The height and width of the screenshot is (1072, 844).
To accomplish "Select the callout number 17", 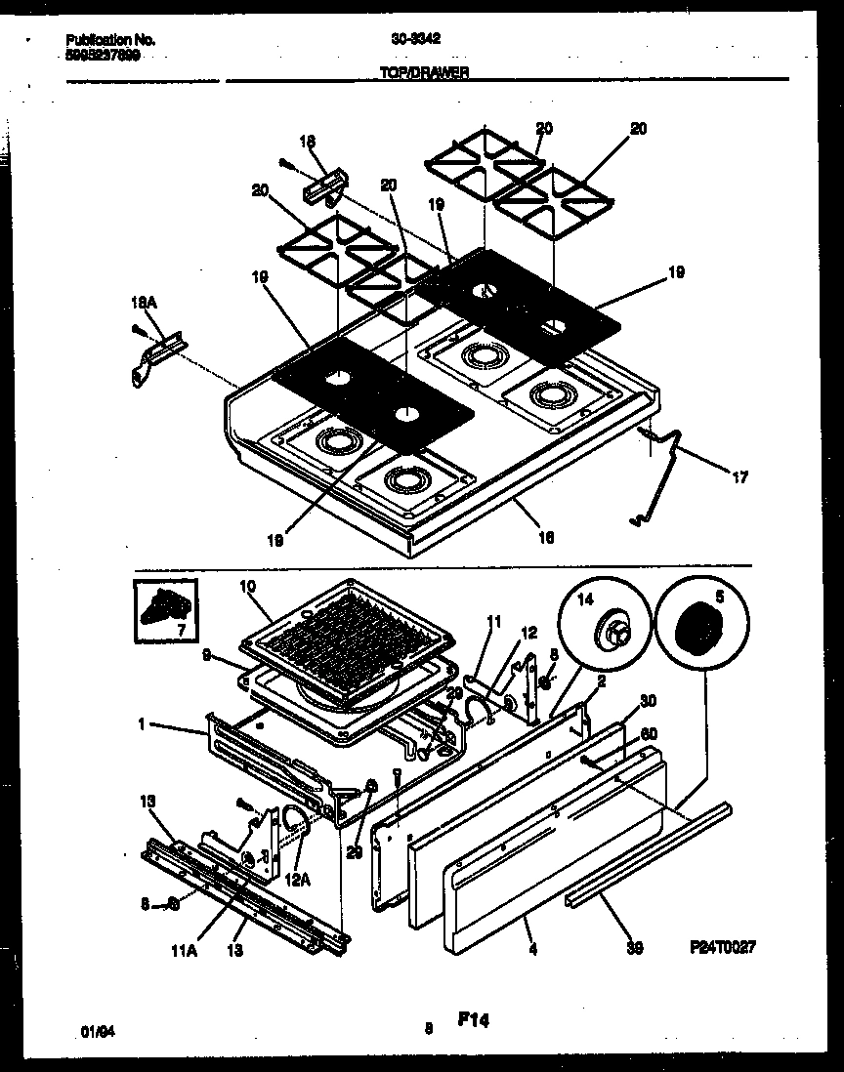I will click(x=739, y=477).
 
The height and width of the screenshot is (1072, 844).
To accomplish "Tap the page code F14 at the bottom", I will click(x=472, y=1020).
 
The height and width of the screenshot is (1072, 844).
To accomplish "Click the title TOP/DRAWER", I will click(x=423, y=72).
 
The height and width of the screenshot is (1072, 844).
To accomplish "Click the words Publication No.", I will click(x=109, y=40).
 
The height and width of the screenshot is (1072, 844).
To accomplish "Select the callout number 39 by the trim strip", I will click(x=635, y=948).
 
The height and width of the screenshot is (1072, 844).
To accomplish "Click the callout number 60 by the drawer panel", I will click(x=649, y=734).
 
